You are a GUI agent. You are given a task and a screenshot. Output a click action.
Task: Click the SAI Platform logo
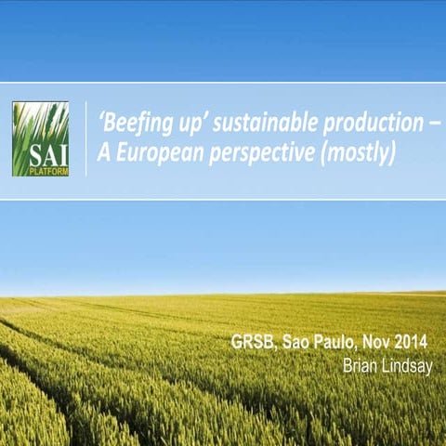(40, 138)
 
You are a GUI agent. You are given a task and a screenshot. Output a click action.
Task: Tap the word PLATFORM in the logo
(54, 171)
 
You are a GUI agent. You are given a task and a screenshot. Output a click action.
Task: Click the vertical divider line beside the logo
(85, 138)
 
